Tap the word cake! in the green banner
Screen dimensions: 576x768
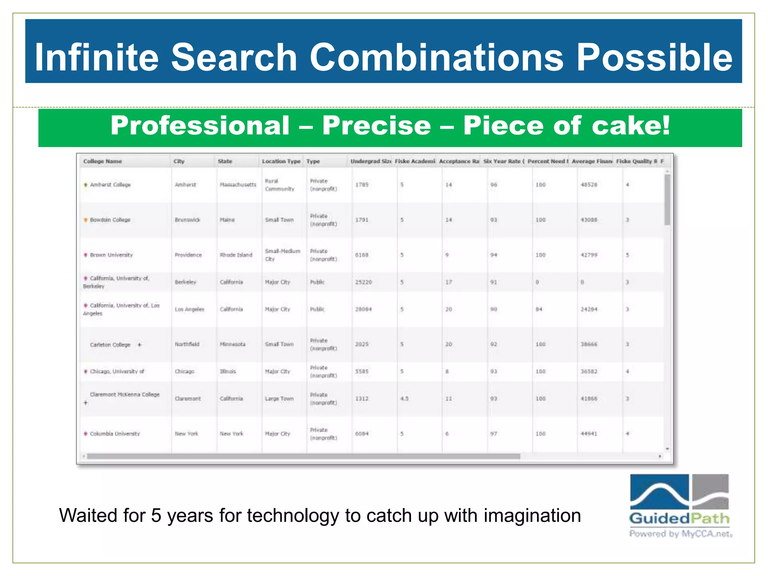pyautogui.click(x=631, y=126)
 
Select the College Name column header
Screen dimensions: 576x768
pyautogui.click(x=102, y=161)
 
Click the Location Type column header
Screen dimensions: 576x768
pyautogui.click(x=281, y=161)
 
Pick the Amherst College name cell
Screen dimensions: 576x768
pyautogui.click(x=110, y=185)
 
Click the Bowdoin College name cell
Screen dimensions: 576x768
pyautogui.click(x=110, y=220)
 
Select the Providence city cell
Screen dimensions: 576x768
pyautogui.click(x=188, y=255)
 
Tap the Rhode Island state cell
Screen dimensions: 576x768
pyautogui.click(x=236, y=255)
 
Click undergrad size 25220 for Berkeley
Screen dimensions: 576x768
pyautogui.click(x=363, y=282)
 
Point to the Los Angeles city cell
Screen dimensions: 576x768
pyautogui.click(x=189, y=309)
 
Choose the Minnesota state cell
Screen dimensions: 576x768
pyautogui.click(x=232, y=344)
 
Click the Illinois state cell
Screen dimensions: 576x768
pyautogui.click(x=228, y=372)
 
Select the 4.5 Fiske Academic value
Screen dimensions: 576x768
pyautogui.click(x=404, y=399)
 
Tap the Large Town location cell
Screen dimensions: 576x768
pyautogui.click(x=279, y=399)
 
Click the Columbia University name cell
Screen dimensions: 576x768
pyautogui.click(x=115, y=434)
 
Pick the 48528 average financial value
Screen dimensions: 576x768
pyautogui.click(x=589, y=185)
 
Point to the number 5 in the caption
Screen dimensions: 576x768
pyautogui.click(x=156, y=516)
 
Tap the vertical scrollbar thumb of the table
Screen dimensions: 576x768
pyautogui.click(x=667, y=199)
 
